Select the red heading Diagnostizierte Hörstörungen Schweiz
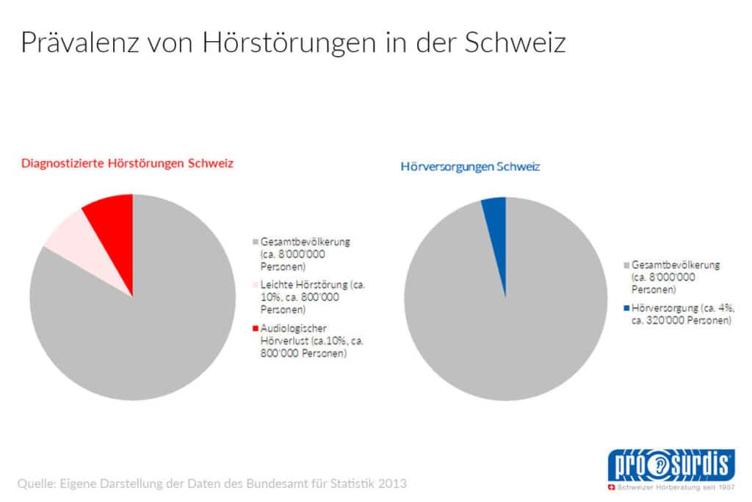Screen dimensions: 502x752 (127, 163)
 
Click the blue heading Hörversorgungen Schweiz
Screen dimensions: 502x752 (470, 167)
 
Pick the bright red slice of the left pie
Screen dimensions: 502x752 (112, 219)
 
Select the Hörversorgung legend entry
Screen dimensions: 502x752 (679, 315)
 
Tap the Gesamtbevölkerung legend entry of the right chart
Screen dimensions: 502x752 (673, 277)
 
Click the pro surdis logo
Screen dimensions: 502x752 (669, 468)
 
